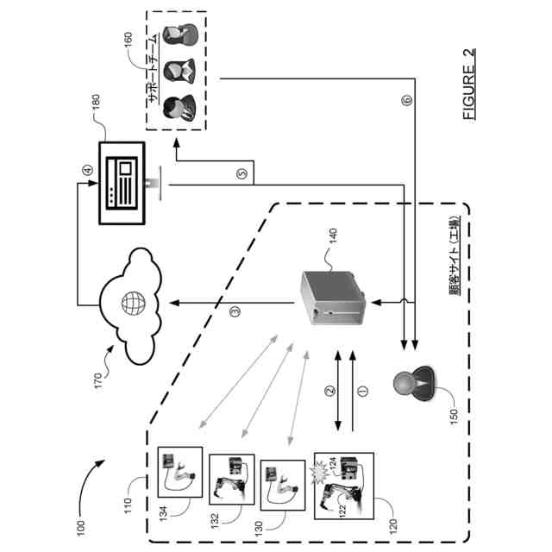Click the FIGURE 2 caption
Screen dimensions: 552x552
(468, 85)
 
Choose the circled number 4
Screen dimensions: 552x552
(87, 170)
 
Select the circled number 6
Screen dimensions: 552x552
(407, 101)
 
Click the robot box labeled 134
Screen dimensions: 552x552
(180, 471)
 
